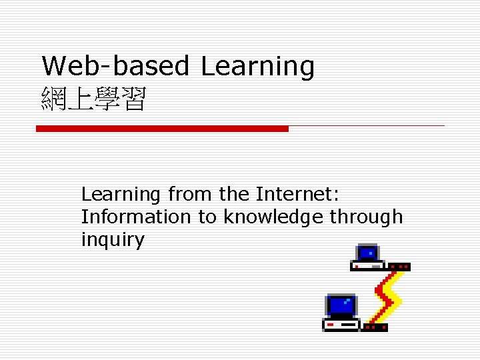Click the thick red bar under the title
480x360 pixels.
pos(162,128)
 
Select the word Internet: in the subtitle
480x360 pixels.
pos(297,194)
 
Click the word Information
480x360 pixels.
pos(135,217)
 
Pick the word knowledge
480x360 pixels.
pos(273,217)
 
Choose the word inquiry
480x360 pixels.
pos(112,240)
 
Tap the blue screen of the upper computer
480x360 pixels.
pos(367,253)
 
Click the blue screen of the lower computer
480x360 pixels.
pos(341,306)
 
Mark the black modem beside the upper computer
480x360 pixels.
pos(399,267)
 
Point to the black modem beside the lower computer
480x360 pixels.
pos(375,327)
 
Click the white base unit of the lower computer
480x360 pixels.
pos(341,325)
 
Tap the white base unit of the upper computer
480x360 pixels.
pos(367,266)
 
